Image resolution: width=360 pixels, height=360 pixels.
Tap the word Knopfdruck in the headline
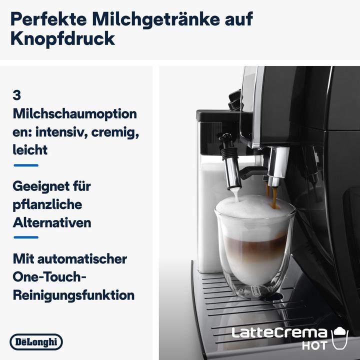coord(62,39)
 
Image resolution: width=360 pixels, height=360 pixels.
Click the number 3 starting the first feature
coord(16,95)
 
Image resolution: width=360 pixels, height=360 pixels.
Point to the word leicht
coord(30,149)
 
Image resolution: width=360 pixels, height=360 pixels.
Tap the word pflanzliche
coord(47,204)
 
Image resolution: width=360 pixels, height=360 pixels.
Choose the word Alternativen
coord(51,222)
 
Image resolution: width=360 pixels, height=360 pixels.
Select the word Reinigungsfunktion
coord(73,295)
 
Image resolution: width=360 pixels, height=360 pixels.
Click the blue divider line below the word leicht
coord(25,165)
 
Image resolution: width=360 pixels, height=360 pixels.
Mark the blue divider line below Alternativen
coord(25,237)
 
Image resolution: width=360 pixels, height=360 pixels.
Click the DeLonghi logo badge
coord(36,342)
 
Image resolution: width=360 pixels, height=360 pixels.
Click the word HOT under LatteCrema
coord(315,345)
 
